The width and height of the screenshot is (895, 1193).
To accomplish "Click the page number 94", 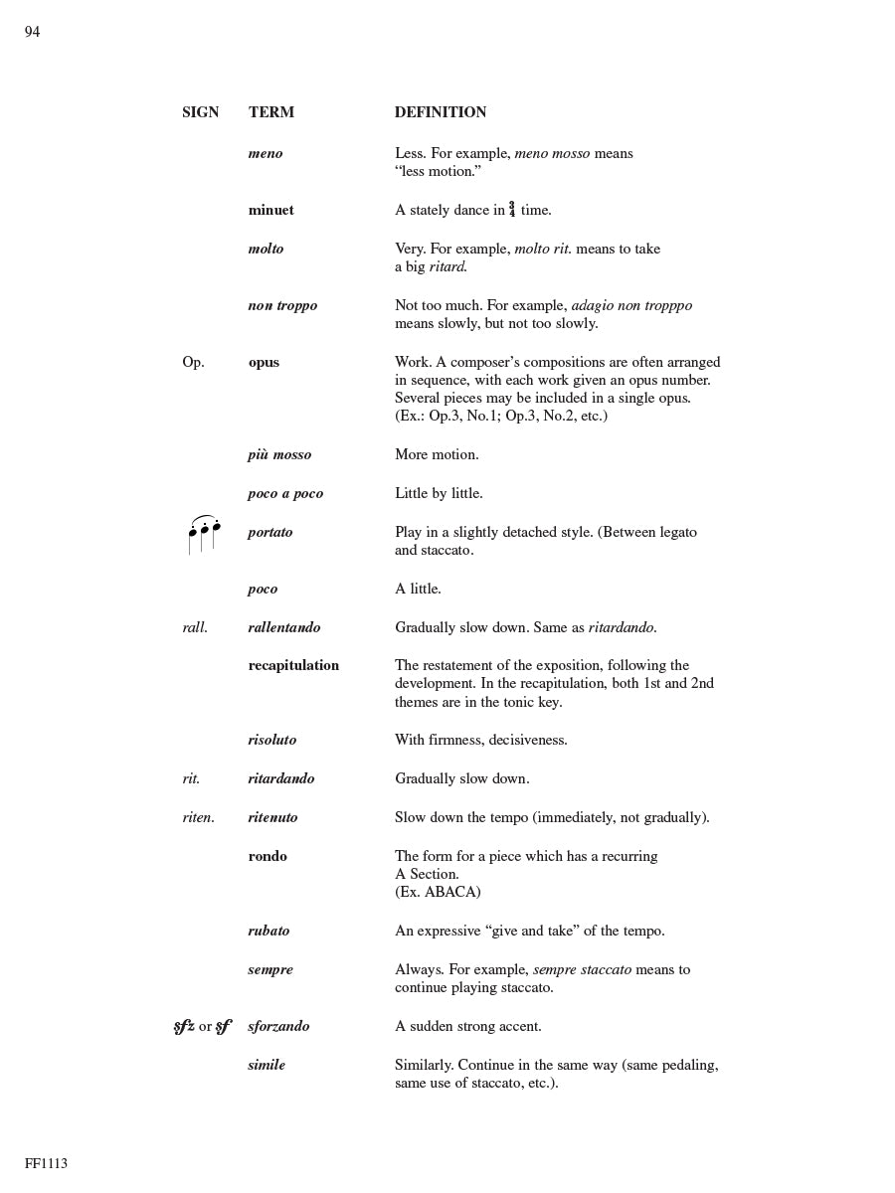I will click(33, 32).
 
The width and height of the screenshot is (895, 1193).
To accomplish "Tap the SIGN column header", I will click(200, 112).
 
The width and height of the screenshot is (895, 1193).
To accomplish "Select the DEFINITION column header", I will click(440, 112).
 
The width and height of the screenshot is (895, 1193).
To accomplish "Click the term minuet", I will click(270, 210).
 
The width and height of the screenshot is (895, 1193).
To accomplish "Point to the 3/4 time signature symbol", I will click(512, 209).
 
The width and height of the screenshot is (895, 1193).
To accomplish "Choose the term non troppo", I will click(282, 305).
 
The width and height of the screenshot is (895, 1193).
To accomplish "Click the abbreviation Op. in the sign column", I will click(193, 362).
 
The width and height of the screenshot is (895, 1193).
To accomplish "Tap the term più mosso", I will click(279, 454).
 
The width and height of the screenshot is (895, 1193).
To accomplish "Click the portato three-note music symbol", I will click(203, 535).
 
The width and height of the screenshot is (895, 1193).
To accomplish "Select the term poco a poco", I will click(285, 493).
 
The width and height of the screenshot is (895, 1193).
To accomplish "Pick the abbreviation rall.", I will click(195, 627).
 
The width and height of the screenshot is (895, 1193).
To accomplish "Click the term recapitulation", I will click(293, 665).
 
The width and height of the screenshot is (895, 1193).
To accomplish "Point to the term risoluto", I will click(271, 740).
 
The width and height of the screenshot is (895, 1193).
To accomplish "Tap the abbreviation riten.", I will click(198, 817).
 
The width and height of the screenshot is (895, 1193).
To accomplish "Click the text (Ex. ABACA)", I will click(438, 892).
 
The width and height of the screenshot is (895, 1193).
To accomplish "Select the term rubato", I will click(268, 931).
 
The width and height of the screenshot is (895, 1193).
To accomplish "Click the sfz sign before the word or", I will click(184, 1026).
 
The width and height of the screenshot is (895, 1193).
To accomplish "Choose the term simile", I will click(267, 1065).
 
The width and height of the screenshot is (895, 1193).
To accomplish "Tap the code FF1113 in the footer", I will click(46, 1163).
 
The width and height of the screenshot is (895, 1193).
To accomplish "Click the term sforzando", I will click(278, 1026).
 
